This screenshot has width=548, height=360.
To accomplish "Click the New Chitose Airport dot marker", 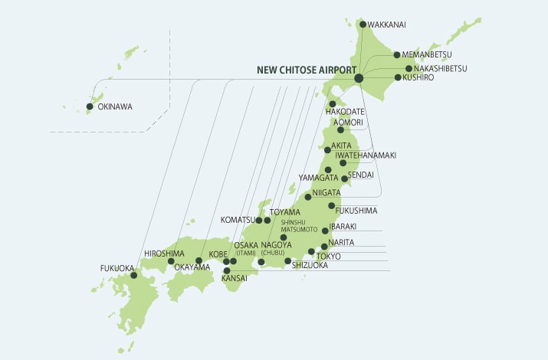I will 359,78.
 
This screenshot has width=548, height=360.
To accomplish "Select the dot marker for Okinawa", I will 90,106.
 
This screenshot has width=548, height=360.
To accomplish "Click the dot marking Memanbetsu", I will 397,54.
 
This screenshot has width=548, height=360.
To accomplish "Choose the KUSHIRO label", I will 418,77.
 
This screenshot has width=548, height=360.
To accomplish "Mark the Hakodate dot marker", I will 332,103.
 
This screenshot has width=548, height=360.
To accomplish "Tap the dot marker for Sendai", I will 344,178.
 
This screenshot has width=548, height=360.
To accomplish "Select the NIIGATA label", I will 327,194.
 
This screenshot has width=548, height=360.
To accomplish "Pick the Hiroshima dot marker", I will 171,261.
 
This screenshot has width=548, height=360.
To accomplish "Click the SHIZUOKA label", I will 310,265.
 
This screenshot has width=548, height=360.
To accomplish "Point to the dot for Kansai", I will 227,270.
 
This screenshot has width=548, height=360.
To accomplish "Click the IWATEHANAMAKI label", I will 366,155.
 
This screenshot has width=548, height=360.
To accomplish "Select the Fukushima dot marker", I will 331,205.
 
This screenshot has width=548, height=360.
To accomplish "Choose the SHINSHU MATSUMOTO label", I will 299,225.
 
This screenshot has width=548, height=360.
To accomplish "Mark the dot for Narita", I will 324,247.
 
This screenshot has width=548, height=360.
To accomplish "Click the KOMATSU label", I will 237,220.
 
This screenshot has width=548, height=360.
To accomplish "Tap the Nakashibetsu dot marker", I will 409,68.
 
